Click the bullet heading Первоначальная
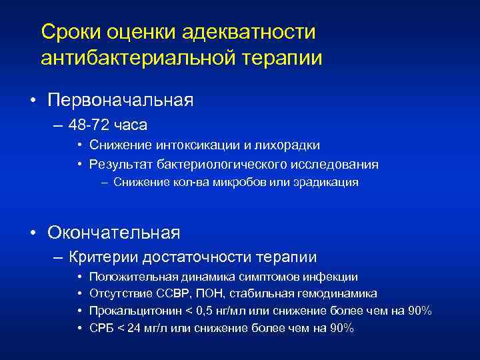click(x=121, y=101)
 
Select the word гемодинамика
click(x=339, y=294)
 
